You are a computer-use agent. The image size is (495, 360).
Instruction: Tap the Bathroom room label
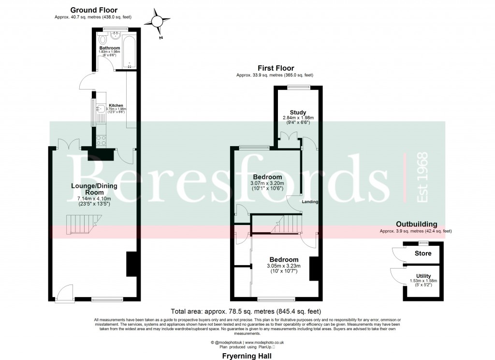pyautogui.click(x=110, y=48)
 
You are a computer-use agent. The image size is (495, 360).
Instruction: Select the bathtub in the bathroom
pyautogui.click(x=129, y=50)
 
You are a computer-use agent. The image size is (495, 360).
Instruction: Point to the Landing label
pyautogui.click(x=310, y=201)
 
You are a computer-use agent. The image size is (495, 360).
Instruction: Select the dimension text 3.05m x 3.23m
pyautogui.click(x=283, y=266)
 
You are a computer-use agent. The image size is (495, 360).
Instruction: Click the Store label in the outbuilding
pyautogui.click(x=423, y=254)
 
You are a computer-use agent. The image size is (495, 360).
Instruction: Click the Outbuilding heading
pyautogui.click(x=416, y=224)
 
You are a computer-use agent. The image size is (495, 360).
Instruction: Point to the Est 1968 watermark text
pyautogui.click(x=422, y=178)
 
